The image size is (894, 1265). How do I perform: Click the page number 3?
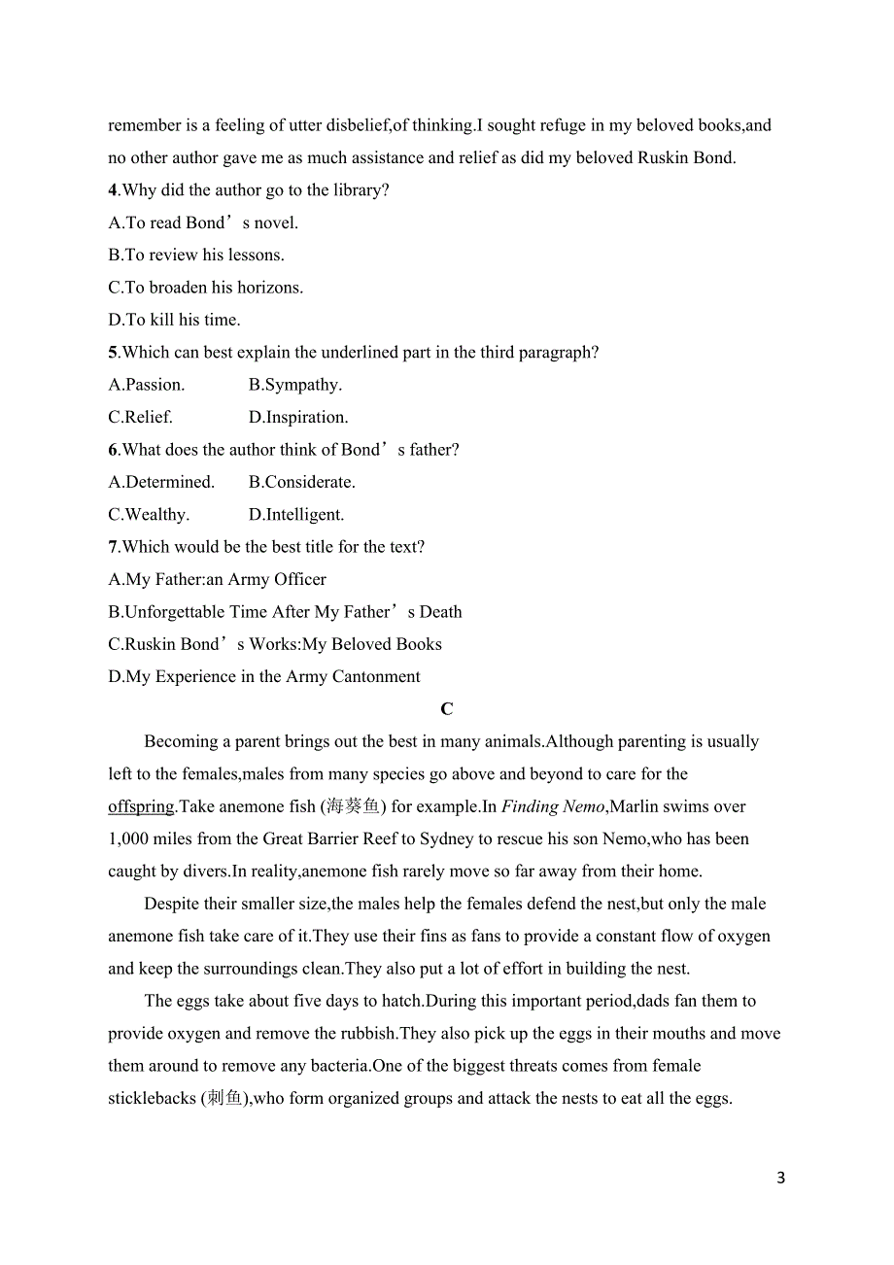[x=781, y=1179]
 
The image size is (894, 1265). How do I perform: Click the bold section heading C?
[x=447, y=709]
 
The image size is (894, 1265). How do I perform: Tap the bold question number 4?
[x=113, y=190]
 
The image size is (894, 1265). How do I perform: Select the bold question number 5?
[x=113, y=353]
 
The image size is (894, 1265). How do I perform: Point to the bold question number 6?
[x=113, y=450]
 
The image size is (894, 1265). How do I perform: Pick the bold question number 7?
[x=113, y=547]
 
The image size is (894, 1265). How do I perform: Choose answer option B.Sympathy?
[x=295, y=385]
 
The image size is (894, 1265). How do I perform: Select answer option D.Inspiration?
[x=298, y=418]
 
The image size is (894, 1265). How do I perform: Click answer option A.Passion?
[x=146, y=385]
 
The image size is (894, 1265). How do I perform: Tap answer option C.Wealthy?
[x=149, y=515]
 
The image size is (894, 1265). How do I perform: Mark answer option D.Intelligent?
[x=296, y=515]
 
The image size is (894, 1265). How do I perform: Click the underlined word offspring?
[x=141, y=806]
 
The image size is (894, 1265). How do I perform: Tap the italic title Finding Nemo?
[x=553, y=806]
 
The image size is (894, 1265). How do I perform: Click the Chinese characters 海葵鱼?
[x=351, y=806]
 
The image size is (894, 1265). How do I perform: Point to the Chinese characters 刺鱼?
[x=222, y=1099]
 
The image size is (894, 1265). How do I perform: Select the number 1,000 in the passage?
[x=129, y=839]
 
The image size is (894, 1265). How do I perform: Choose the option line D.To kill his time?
[x=174, y=320]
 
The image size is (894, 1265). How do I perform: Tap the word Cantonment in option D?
[x=375, y=677]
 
